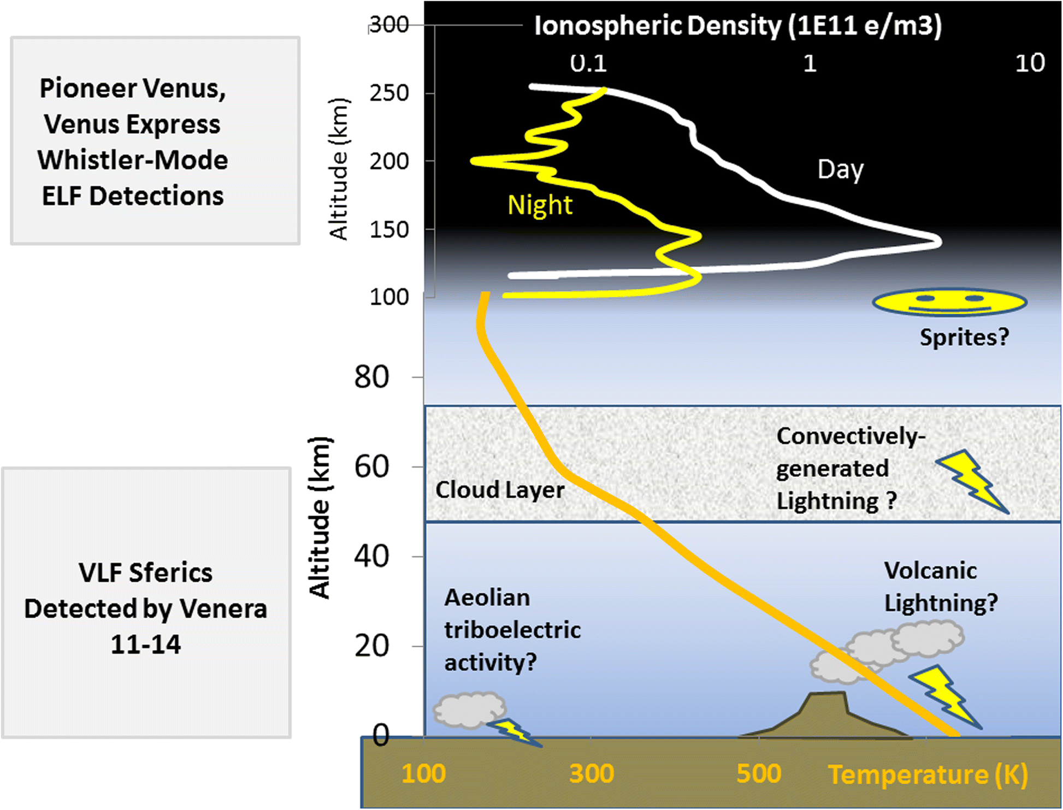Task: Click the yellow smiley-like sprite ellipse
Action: pyautogui.click(x=949, y=303)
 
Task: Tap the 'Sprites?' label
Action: pyautogui.click(x=964, y=337)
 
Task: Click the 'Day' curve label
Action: pyautogui.click(x=841, y=169)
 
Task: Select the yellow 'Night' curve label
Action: pyautogui.click(x=540, y=205)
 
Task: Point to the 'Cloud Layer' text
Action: pyautogui.click(x=499, y=489)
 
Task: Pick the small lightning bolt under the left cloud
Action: pyautogui.click(x=513, y=732)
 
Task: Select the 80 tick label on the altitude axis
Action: pyautogui.click(x=371, y=377)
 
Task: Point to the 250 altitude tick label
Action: pyautogui.click(x=389, y=93)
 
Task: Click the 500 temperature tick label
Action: pyautogui.click(x=759, y=773)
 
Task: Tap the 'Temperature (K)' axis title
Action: pyautogui.click(x=928, y=774)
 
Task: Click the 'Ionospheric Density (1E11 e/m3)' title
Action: pyautogui.click(x=738, y=26)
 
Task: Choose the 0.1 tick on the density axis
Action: pyautogui.click(x=588, y=63)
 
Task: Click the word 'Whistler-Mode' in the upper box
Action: pyautogui.click(x=133, y=160)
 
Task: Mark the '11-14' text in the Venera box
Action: pyautogui.click(x=145, y=645)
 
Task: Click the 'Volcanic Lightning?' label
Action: pyautogui.click(x=941, y=587)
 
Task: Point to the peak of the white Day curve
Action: pyautogui.click(x=938, y=241)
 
